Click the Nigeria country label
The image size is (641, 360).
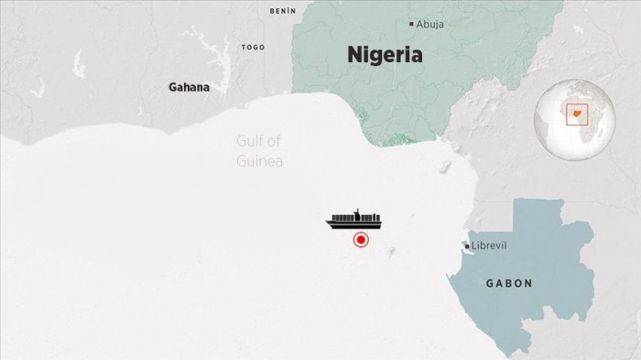click(385, 55)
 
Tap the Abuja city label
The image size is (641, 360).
click(430, 24)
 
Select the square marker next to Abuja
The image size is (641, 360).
click(412, 24)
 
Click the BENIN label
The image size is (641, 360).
click(283, 11)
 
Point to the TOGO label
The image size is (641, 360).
click(253, 47)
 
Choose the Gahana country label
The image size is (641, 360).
click(189, 88)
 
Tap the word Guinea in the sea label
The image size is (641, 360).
click(260, 160)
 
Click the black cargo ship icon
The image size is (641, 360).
click(354, 220)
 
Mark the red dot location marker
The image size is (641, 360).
click(361, 240)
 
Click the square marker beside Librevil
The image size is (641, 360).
click(467, 246)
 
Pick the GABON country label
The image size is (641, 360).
click(508, 283)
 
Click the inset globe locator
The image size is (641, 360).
click(575, 120)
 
